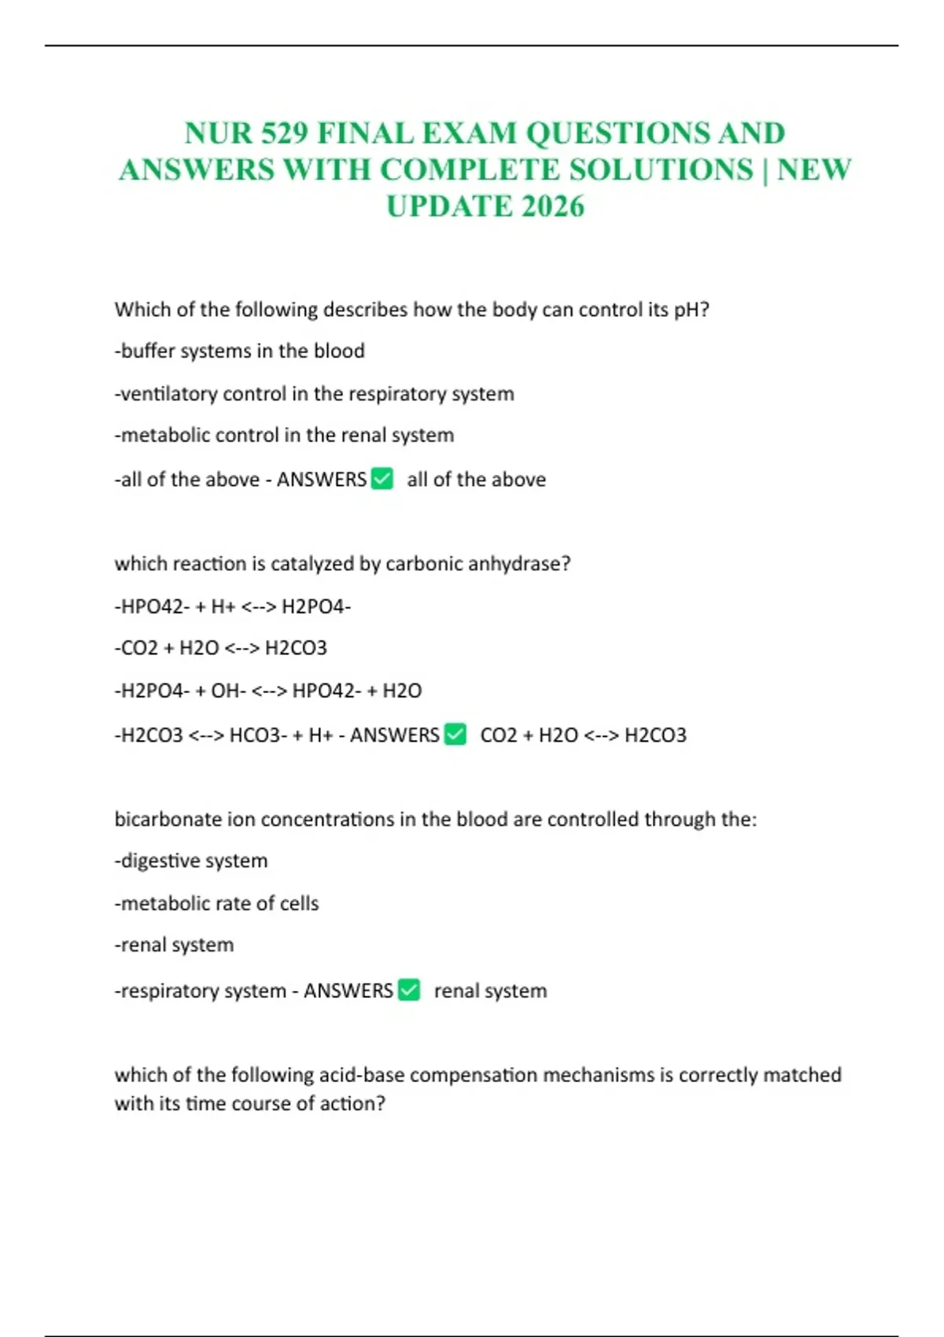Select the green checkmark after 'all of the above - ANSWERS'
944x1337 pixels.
[382, 478]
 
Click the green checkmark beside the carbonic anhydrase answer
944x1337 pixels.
[455, 734]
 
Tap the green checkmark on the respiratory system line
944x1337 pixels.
[409, 989]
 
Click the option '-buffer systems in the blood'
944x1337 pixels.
[240, 351]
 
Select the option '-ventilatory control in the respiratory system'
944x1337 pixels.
[315, 393]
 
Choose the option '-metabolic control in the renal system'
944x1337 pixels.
[284, 435]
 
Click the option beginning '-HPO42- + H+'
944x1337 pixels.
[233, 606]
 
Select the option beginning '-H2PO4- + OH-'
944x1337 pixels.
[268, 691]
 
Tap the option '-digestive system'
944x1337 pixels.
[191, 860]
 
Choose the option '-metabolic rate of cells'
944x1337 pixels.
[217, 903]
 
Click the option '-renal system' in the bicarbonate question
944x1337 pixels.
[175, 945]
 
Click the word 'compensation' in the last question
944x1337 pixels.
[474, 1075]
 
